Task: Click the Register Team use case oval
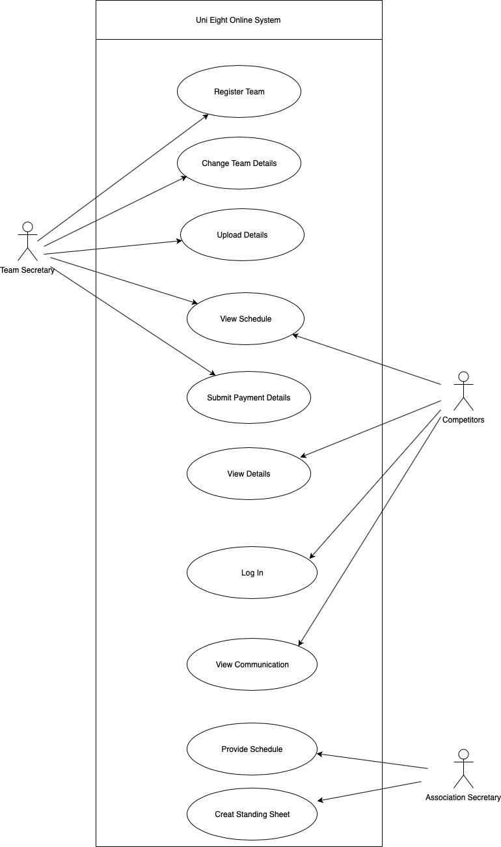coord(239,92)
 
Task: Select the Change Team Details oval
coord(239,163)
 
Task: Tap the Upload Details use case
coord(242,235)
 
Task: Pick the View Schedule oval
coord(245,319)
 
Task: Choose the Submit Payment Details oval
coord(249,398)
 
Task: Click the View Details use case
coord(249,474)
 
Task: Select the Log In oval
coord(252,573)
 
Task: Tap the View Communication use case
coord(252,665)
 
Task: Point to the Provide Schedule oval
coord(252,749)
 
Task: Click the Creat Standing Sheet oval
coord(252,814)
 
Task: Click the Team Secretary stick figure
coord(27,242)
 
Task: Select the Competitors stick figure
coord(463,391)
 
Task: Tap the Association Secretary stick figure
coord(463,769)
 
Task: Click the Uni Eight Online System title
coord(238,20)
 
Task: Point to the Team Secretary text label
coord(27,270)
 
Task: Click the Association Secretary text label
coord(463,798)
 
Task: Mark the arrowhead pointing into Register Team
coord(206,115)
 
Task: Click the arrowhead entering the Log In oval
coord(312,556)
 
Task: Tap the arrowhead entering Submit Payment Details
coord(213,374)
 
